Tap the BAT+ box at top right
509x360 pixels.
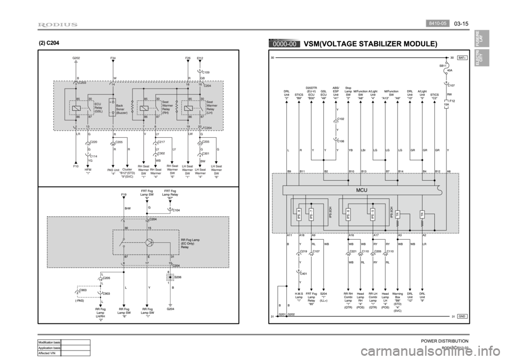pos(462,57)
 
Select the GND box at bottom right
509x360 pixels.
pos(462,316)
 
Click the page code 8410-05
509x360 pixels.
pos(438,23)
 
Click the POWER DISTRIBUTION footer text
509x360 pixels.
pos(444,341)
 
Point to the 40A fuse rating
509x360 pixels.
pos(450,70)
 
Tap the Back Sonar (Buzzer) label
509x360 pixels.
pos(122,109)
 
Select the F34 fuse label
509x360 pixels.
pos(113,57)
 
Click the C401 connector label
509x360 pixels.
pos(304,274)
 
